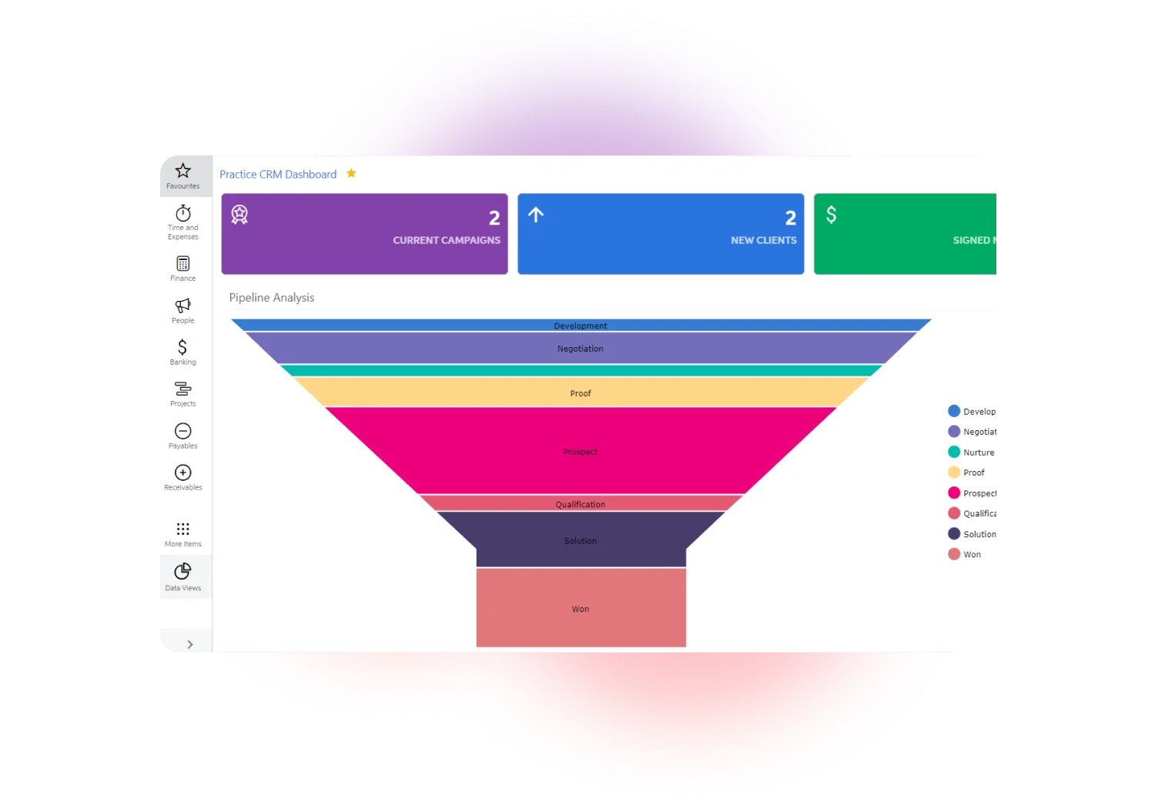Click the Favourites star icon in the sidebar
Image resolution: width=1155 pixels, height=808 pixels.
tap(182, 171)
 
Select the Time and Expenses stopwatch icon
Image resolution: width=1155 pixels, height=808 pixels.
tap(182, 213)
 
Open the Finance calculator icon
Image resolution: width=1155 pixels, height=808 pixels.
tap(182, 264)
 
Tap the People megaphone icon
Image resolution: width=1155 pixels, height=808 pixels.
tap(182, 306)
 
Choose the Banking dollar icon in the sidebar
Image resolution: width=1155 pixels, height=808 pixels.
tap(182, 347)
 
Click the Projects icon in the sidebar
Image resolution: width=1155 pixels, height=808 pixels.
tap(182, 389)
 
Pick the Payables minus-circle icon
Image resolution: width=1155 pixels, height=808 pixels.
tap(182, 431)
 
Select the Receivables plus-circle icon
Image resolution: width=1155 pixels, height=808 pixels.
tap(182, 472)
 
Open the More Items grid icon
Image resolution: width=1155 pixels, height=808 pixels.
tap(182, 529)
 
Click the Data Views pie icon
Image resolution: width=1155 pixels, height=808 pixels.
tap(182, 571)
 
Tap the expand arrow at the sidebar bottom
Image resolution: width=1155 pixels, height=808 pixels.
tap(189, 644)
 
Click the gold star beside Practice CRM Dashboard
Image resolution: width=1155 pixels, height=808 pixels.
tap(351, 173)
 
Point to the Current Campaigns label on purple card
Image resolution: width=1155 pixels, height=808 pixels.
tap(447, 240)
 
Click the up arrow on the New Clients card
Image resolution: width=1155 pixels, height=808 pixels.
tap(536, 215)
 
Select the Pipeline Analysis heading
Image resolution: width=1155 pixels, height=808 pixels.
tap(272, 298)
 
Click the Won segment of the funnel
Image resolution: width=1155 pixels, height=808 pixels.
tap(581, 608)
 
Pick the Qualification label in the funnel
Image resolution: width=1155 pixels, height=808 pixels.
tap(581, 504)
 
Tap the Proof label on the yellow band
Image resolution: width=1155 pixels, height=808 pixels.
tap(581, 393)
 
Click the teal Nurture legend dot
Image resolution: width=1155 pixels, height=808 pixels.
tap(954, 452)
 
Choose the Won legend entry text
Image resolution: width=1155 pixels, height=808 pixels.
tap(972, 554)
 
